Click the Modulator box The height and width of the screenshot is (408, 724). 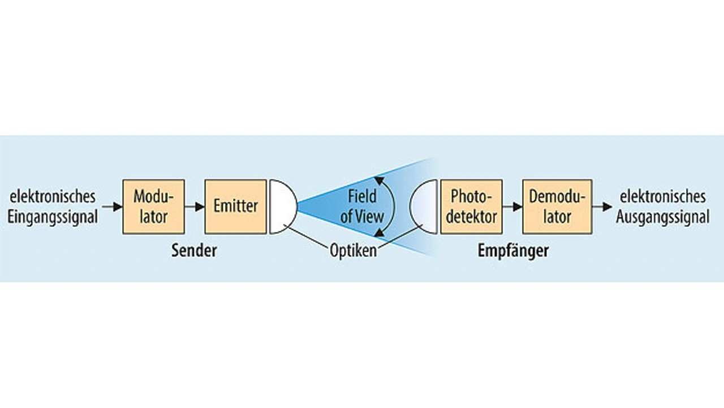coord(153,207)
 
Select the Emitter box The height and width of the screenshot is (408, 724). coord(236,207)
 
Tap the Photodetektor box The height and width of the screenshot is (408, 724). coord(471,207)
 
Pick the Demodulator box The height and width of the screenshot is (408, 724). coord(557,207)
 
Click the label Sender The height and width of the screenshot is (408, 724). coord(194,251)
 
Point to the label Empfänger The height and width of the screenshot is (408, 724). coord(513,251)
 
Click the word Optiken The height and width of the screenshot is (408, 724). coord(354,251)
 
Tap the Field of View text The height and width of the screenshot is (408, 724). coord(362,207)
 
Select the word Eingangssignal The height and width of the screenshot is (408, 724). coord(53,217)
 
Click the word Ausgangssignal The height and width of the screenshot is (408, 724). coord(662,217)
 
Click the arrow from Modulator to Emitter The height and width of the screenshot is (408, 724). coord(195,207)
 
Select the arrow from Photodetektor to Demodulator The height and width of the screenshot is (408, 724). coord(512,207)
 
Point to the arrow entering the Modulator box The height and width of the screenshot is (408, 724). coord(112,207)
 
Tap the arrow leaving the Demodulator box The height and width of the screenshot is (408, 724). coord(602,207)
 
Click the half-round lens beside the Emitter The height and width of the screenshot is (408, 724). coord(283,207)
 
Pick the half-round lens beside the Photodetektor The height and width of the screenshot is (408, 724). coord(424,207)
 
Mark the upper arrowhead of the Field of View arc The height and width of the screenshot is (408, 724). coord(379,181)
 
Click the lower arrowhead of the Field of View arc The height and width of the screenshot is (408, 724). coord(379,233)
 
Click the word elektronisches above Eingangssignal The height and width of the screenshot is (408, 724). coord(53,197)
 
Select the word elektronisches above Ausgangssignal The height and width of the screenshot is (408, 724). coord(662,197)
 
